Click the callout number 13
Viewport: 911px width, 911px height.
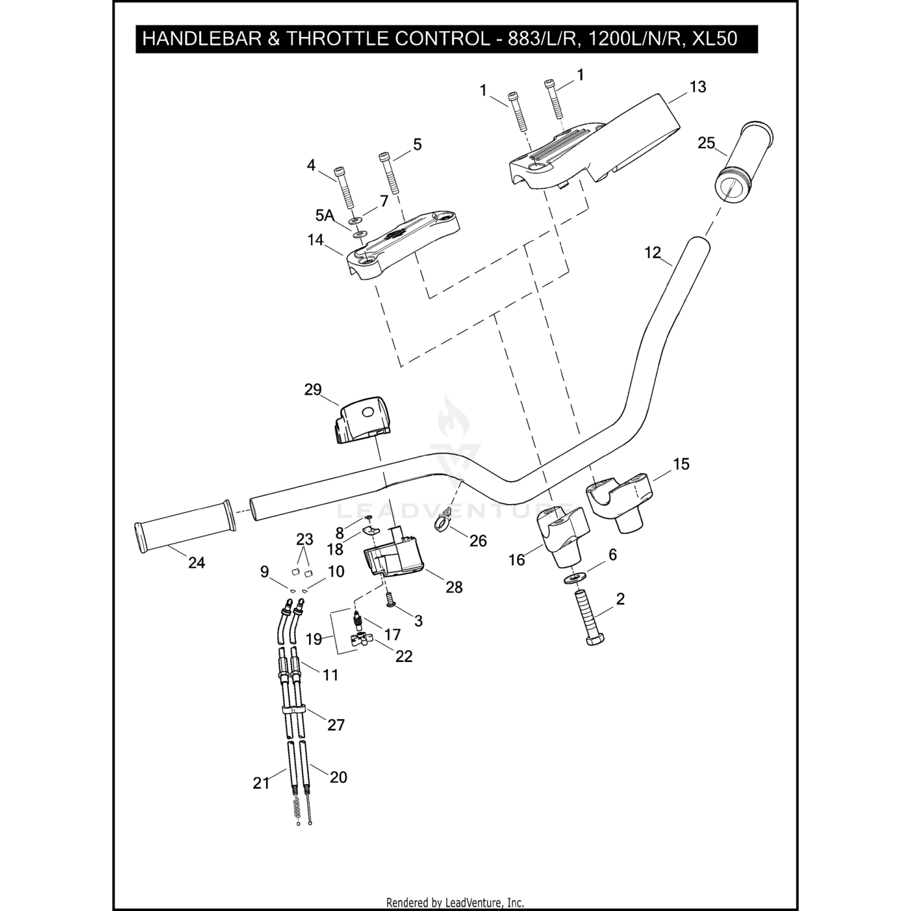(x=698, y=87)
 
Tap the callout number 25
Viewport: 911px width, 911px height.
(x=706, y=143)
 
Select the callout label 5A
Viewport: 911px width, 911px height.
(x=324, y=215)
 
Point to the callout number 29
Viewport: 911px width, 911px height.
(x=313, y=389)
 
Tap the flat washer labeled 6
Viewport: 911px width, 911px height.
(x=575, y=577)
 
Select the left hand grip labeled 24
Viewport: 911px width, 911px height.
(x=183, y=526)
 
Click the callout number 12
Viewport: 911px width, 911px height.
(x=652, y=253)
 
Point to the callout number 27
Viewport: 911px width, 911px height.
(x=336, y=725)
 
